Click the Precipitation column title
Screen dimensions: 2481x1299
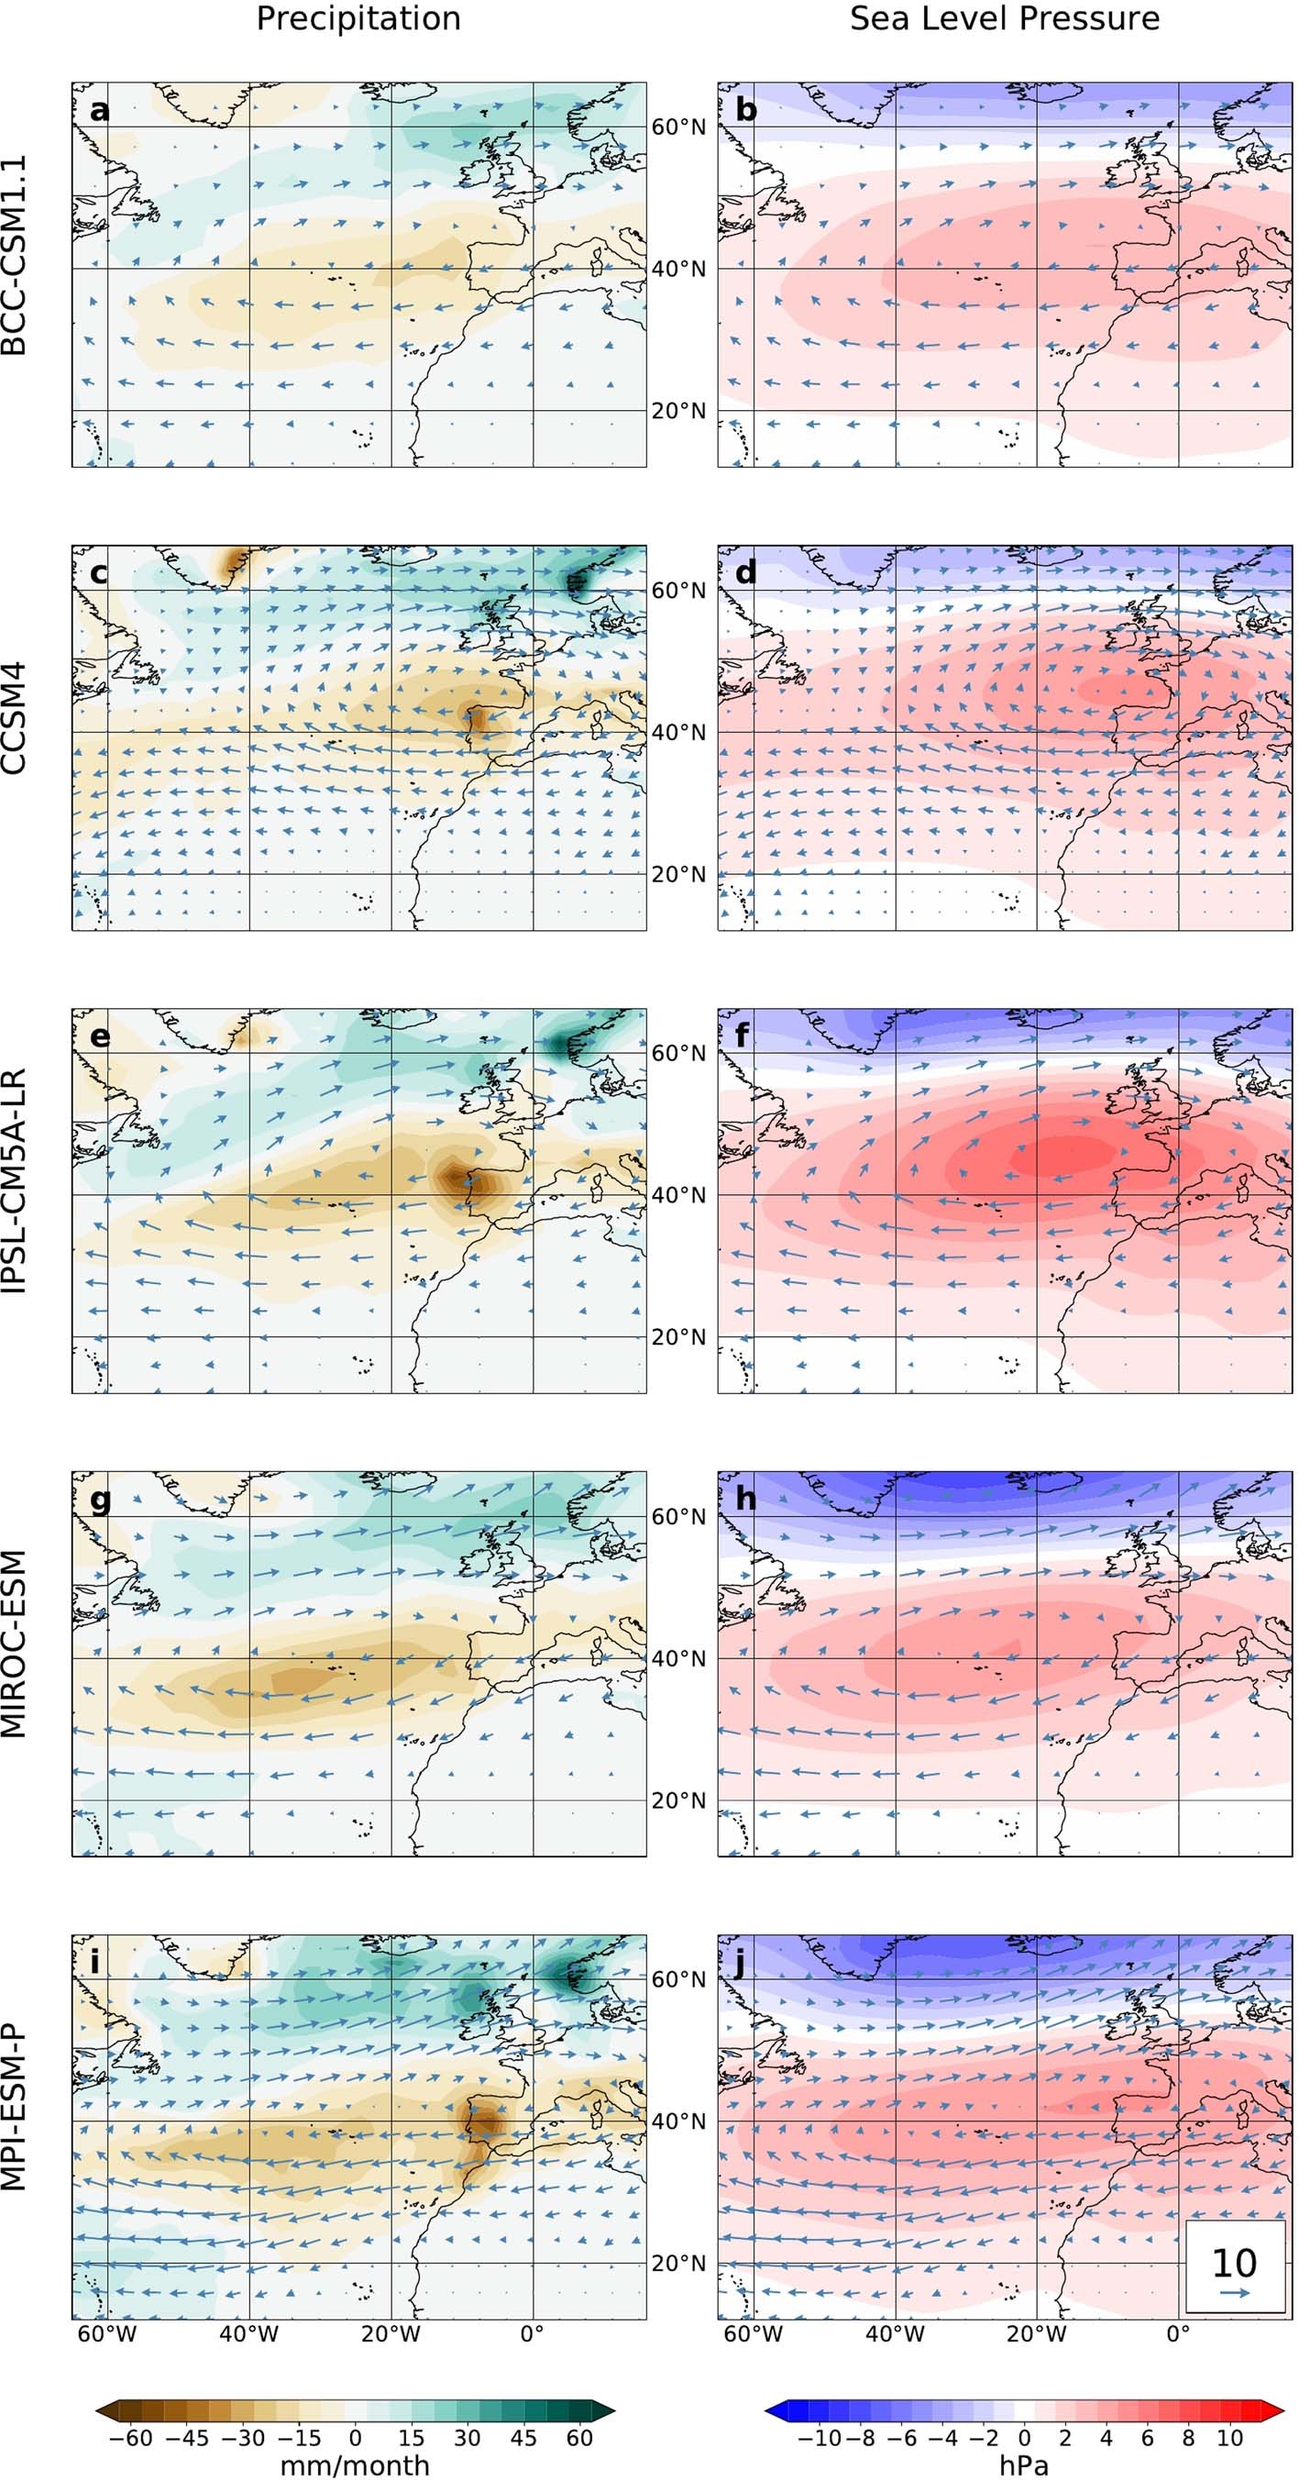[358, 18]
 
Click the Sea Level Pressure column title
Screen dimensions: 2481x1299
[1005, 18]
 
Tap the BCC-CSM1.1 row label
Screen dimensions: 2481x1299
[15, 255]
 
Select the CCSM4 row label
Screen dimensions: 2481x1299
[15, 717]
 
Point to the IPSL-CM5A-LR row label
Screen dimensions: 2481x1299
[15, 1180]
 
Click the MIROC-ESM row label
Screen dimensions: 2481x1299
[15, 1643]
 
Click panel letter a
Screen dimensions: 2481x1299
[99, 110]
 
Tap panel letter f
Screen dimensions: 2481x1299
[746, 1036]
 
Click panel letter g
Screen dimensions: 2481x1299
[99, 1500]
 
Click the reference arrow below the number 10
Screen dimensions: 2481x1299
[1235, 2293]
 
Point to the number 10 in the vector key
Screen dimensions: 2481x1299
[1234, 2263]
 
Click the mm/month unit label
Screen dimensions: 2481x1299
[355, 2465]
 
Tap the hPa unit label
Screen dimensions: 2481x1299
[1024, 2465]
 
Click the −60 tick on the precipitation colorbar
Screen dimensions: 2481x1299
[130, 2438]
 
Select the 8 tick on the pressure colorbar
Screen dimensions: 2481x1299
[1188, 2438]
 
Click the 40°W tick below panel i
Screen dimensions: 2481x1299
[248, 2333]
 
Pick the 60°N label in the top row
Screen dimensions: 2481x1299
[677, 127]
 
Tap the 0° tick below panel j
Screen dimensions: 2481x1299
[1178, 2333]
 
